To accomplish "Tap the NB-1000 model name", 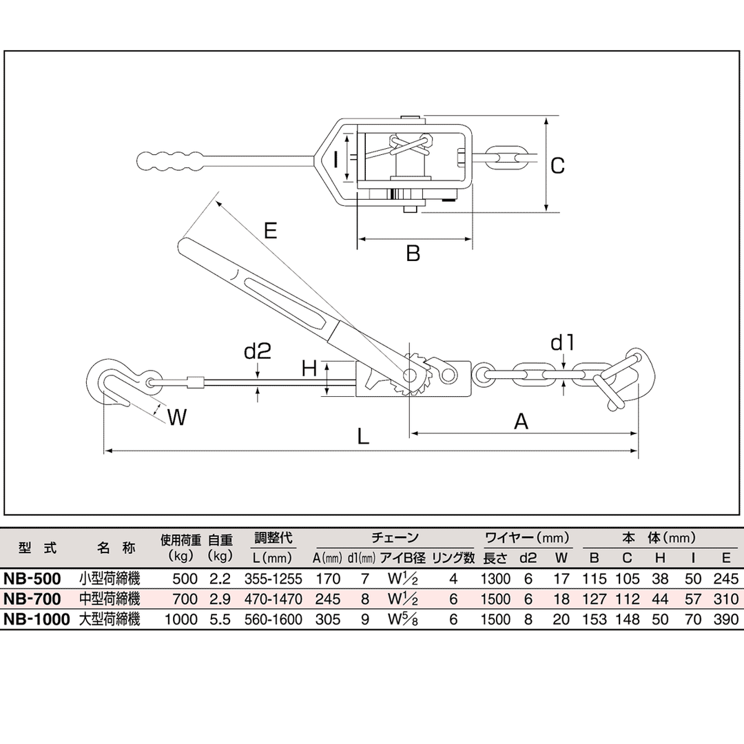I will point(37,620).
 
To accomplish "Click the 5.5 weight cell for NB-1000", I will point(220,620).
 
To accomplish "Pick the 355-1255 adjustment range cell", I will point(273,579).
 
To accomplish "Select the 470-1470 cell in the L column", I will point(273,599).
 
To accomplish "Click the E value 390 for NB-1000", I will point(725,620).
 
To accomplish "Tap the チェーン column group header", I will point(395,538).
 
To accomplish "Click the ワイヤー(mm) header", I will point(528,538).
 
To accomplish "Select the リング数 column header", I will point(453,557).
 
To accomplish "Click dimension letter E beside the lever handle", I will point(270,230).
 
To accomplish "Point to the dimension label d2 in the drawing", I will point(258,352).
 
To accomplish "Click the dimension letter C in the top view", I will point(558,165).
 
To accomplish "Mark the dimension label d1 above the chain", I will point(563,342).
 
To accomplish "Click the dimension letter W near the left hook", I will point(178,417).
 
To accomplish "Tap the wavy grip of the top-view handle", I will point(169,161).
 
